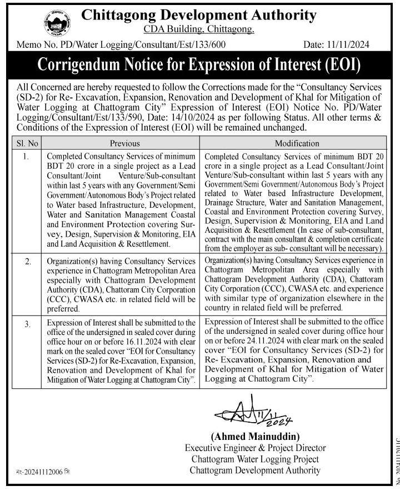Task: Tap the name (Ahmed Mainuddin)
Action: tap(255, 437)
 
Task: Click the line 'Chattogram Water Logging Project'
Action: tap(255, 459)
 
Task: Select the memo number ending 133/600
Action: tap(122, 45)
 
